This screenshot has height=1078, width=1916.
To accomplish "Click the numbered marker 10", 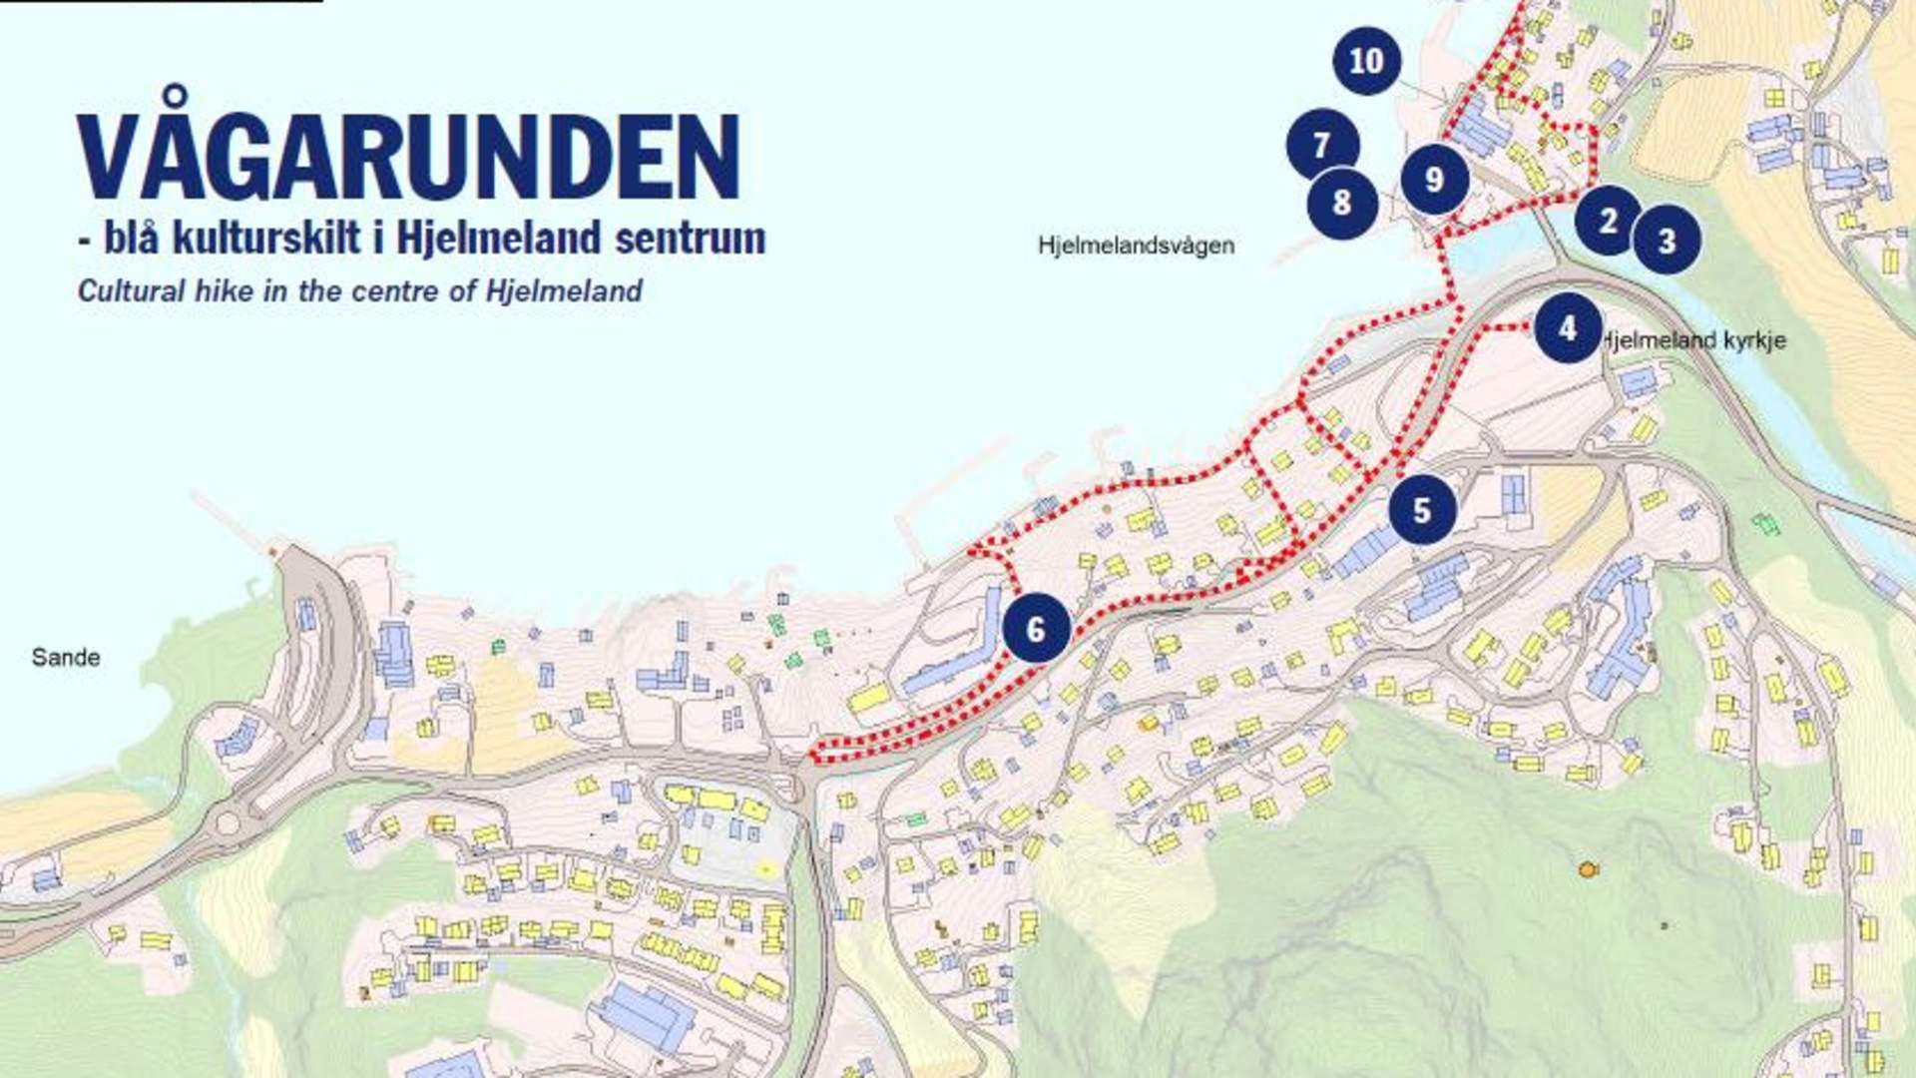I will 1366,61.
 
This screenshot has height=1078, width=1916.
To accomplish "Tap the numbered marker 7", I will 1322,145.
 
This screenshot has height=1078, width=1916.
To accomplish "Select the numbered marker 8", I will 1342,203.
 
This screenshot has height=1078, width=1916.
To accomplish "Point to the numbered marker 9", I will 1434,179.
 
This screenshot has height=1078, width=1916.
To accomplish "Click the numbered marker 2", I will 1608,220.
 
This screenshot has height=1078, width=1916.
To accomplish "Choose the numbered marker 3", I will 1667,240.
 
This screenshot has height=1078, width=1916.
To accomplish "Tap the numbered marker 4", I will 1567,327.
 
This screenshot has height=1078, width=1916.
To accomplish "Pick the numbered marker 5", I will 1422,510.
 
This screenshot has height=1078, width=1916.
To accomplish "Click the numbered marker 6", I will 1036,629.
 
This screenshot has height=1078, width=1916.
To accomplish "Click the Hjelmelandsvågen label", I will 1136,246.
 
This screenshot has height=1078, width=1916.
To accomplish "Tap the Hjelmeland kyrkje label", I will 1694,340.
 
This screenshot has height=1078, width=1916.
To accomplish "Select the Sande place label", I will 66,657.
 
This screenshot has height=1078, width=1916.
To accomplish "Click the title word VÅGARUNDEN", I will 408,156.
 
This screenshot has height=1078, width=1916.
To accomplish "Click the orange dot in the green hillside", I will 1588,869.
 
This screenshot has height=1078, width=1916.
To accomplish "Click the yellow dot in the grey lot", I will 765,869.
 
